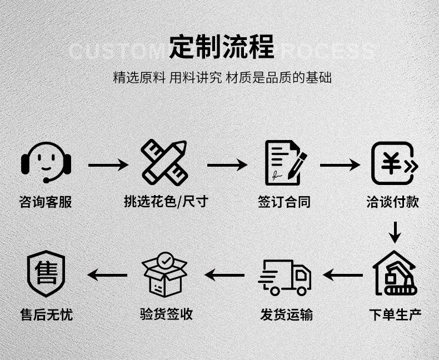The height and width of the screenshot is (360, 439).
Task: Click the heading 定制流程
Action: pos(221,47)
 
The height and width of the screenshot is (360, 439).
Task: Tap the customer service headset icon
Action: pos(46,162)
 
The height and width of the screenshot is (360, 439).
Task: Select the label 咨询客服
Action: pos(46,202)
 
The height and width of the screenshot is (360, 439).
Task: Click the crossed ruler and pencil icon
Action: pos(164,162)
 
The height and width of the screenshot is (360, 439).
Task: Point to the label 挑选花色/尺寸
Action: pos(166,201)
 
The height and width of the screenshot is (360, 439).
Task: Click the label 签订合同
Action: pos(285,202)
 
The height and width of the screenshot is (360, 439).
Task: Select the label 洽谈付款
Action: pos(393,202)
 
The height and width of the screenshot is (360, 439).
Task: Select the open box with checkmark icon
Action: pos(165,274)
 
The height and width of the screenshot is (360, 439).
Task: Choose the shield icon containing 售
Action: pos(46,274)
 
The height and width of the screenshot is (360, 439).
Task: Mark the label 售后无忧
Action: pos(47,315)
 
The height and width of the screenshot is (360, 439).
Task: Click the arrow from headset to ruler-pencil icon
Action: pos(108,165)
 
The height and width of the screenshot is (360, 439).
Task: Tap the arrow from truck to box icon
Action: pos(225,274)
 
